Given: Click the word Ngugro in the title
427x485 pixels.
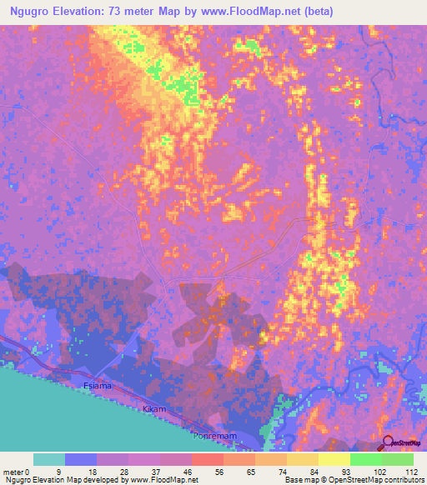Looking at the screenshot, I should tap(37, 11).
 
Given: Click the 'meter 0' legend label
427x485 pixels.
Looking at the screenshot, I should tap(17, 471).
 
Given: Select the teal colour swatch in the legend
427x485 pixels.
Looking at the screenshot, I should tap(49, 459).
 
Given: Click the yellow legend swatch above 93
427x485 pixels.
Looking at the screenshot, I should tap(334, 459).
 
